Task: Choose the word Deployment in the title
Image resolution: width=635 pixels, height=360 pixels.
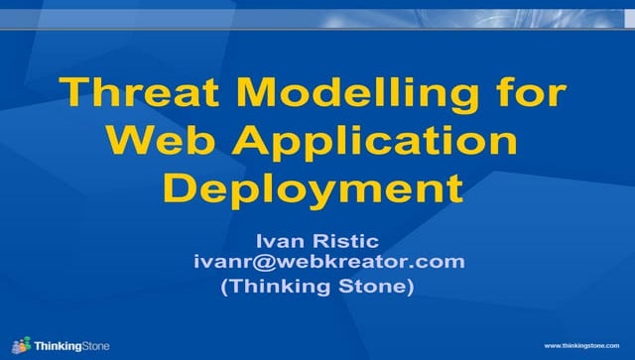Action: pyautogui.click(x=315, y=188)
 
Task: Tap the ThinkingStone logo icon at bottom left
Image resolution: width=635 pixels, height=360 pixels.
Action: pyautogui.click(x=21, y=344)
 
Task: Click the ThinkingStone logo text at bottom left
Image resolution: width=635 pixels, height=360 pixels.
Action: pyautogui.click(x=72, y=346)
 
